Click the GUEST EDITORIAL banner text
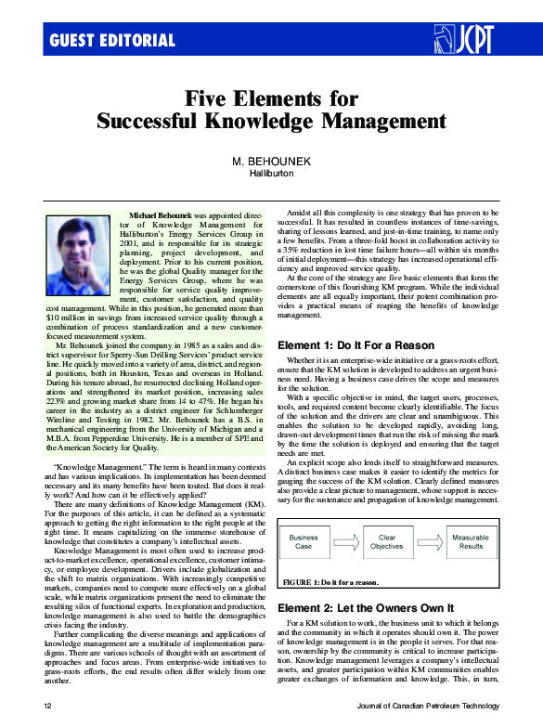[111, 40]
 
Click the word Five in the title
[207, 97]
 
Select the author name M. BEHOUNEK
[271, 161]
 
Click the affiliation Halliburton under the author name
[271, 173]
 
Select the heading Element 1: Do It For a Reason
[356, 345]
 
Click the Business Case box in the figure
[304, 541]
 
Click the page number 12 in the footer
[47, 707]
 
